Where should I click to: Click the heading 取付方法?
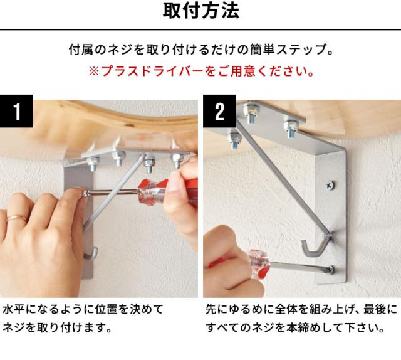point(200,12)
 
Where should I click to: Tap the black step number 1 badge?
point(16,113)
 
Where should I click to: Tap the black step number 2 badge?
point(219,113)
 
